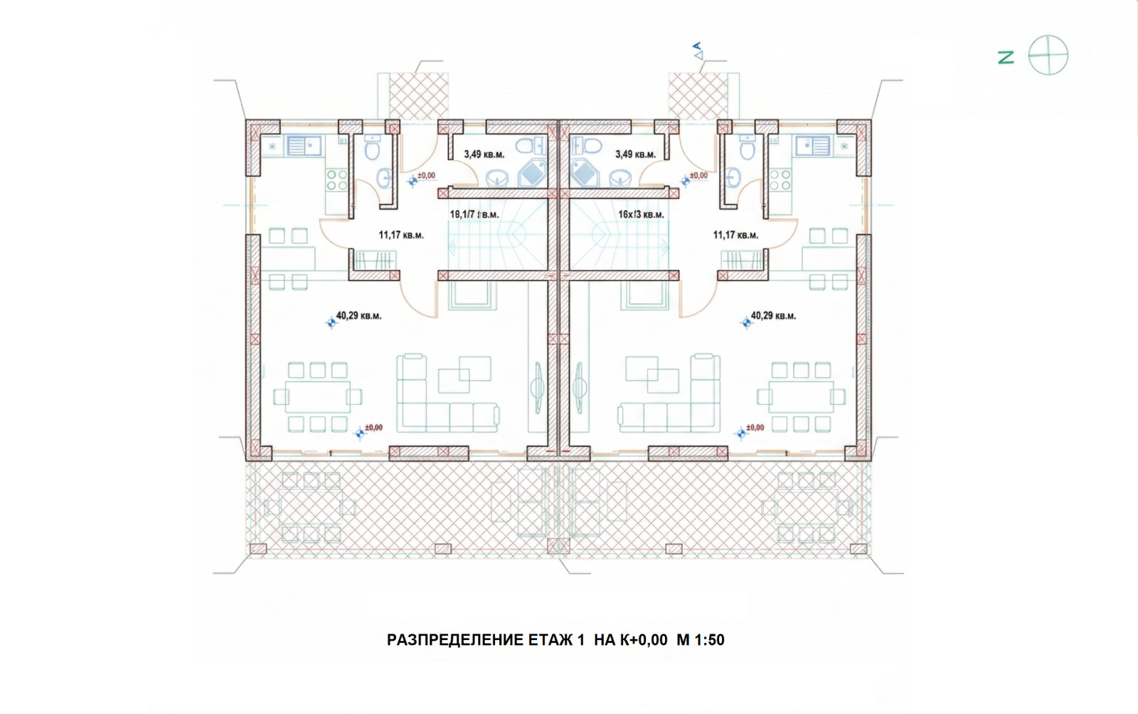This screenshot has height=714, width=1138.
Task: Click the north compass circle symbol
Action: click(x=1048, y=56)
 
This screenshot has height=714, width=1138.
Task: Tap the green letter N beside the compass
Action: click(x=1006, y=58)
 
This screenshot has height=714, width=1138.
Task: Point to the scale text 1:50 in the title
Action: click(x=709, y=640)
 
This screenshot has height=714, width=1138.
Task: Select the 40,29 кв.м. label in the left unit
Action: click(x=358, y=315)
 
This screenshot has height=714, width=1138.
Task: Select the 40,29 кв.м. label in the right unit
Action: click(x=773, y=315)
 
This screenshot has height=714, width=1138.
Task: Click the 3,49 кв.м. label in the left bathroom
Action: click(x=484, y=154)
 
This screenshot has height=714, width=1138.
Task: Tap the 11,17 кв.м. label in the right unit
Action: click(x=735, y=235)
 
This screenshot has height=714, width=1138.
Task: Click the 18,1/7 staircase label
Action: click(x=474, y=214)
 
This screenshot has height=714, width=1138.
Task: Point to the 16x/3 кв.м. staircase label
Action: click(x=641, y=214)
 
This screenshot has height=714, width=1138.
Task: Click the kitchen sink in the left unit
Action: click(x=304, y=147)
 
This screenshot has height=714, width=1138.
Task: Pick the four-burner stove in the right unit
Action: click(x=780, y=179)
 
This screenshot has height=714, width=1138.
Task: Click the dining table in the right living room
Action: click(x=801, y=397)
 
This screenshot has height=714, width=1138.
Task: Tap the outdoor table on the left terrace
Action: click(x=311, y=508)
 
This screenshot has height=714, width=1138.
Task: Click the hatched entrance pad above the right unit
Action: click(x=698, y=95)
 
